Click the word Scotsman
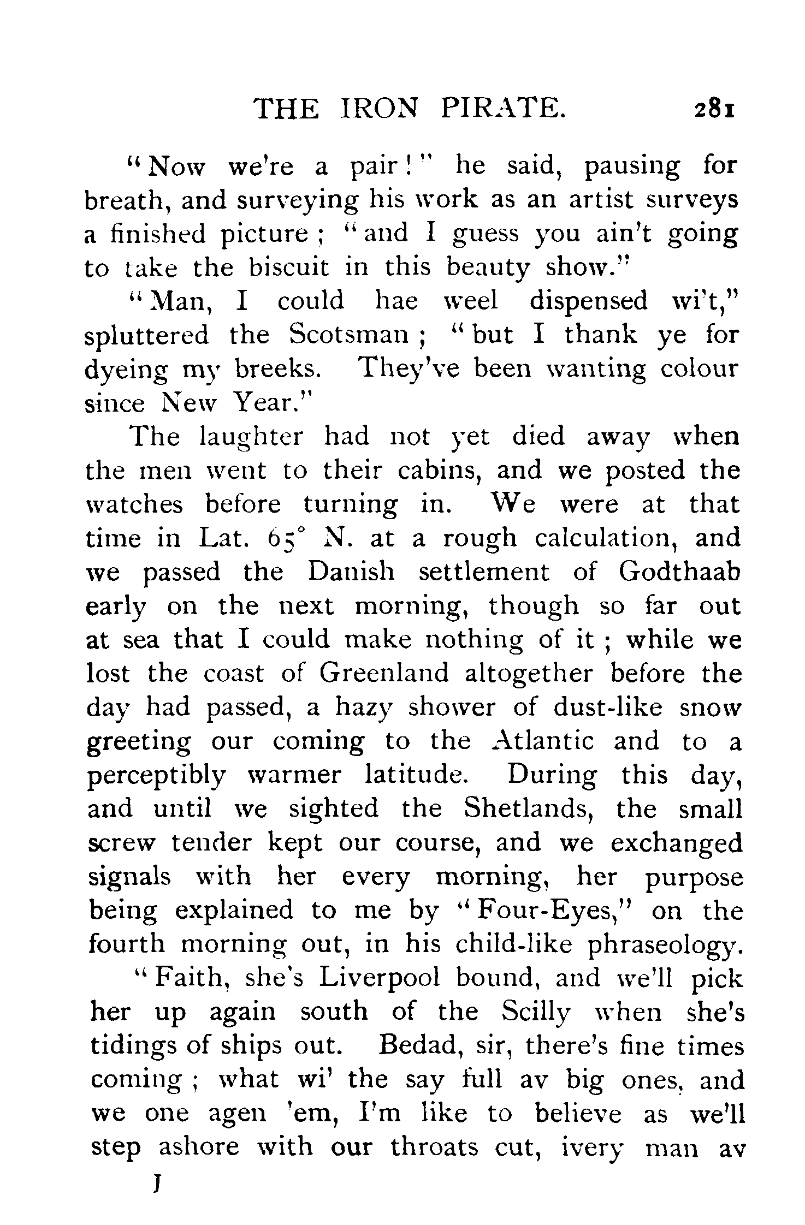coord(348,335)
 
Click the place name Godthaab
coord(679,572)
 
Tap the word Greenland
coord(383,673)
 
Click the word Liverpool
coord(380,978)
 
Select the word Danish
coord(350,572)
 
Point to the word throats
coord(434,1147)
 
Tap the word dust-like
coord(607,707)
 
